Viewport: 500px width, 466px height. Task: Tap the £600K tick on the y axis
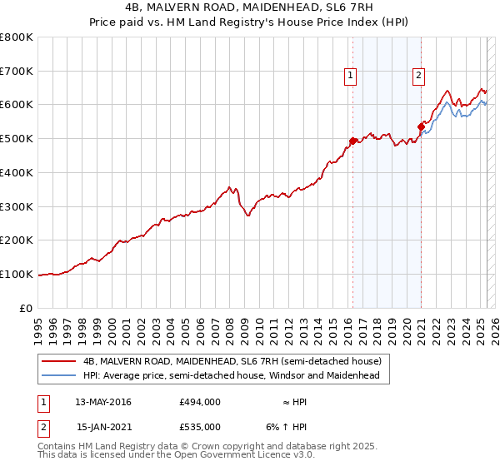(17, 105)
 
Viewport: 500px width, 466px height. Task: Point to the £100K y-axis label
(17, 274)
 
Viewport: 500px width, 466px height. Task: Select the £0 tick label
(27, 308)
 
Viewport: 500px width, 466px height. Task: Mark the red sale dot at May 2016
(352, 141)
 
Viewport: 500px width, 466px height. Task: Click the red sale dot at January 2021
(421, 126)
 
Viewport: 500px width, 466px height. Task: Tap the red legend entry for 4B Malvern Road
(231, 362)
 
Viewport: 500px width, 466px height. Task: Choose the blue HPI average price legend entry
(231, 376)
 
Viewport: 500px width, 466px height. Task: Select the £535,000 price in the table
(199, 427)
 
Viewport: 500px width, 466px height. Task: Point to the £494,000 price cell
(199, 402)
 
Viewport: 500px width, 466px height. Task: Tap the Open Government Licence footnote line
(177, 455)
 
